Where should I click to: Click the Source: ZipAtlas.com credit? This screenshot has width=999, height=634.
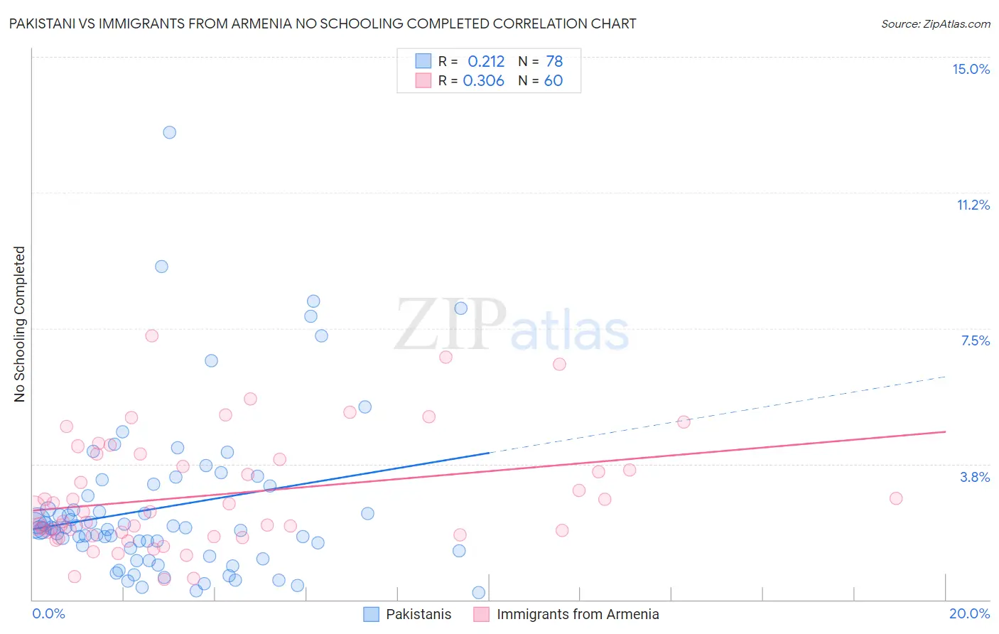935,23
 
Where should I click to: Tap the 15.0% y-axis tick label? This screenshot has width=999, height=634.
971,69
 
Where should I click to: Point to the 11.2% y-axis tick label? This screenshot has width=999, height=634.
973,205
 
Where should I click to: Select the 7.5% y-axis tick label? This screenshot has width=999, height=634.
975,340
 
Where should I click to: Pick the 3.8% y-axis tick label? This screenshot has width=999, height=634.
975,477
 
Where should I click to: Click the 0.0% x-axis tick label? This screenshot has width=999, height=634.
48,613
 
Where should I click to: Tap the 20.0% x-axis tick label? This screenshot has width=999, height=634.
969,613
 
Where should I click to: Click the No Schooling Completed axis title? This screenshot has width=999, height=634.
20,324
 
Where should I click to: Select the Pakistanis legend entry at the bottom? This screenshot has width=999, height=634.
407,614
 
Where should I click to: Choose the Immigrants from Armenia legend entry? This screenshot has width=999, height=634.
566,614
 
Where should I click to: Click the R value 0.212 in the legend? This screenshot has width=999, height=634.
486,62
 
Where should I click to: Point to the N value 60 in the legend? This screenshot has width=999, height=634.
553,81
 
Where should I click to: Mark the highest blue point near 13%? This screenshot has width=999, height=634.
169,132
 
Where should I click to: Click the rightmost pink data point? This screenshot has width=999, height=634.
896,498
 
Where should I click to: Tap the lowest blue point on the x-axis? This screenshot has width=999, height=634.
479,593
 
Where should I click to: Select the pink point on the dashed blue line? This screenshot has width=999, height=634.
684,421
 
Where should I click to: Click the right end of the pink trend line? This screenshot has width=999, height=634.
945,431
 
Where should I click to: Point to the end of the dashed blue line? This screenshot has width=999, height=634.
945,377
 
